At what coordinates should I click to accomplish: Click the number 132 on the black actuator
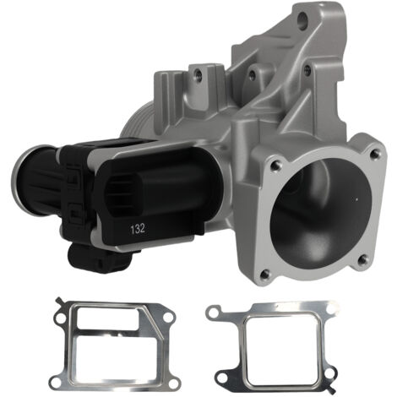pyautogui.click(x=138, y=229)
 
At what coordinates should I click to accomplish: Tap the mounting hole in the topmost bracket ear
pyautogui.click(x=302, y=20)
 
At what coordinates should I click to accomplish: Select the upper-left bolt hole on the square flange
pyautogui.click(x=275, y=166)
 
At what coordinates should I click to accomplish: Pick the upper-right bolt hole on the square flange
pyautogui.click(x=375, y=154)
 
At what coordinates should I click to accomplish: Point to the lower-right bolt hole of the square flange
pyautogui.click(x=364, y=258)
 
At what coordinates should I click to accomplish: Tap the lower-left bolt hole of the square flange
pyautogui.click(x=264, y=274)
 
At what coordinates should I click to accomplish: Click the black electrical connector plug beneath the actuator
pyautogui.click(x=100, y=258)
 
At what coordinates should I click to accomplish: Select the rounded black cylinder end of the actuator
pyautogui.click(x=36, y=179)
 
